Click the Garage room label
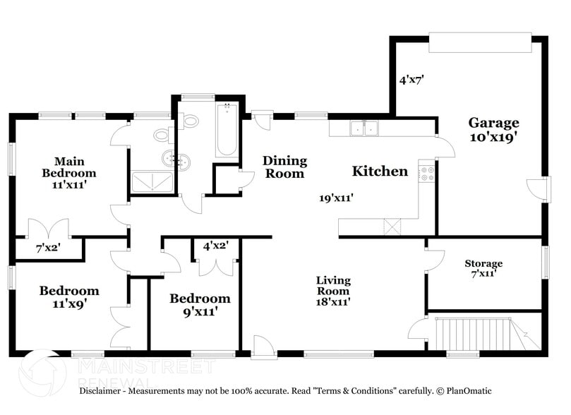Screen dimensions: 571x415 493,123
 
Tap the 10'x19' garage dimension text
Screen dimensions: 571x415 493,137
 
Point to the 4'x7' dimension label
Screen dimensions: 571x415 412,79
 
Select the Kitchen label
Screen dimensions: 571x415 380,171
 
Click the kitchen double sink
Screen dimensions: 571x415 364,128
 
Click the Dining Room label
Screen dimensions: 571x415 284,167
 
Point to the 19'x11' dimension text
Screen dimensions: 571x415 337,198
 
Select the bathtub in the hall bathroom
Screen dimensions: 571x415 227,130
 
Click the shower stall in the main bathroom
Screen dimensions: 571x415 152,182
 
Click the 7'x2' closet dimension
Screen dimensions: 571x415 48,248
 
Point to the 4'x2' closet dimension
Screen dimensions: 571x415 216,246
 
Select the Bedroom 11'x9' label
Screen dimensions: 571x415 69,296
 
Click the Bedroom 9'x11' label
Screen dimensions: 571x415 200,305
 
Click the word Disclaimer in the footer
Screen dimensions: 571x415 100,391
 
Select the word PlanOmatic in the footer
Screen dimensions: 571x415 469,391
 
